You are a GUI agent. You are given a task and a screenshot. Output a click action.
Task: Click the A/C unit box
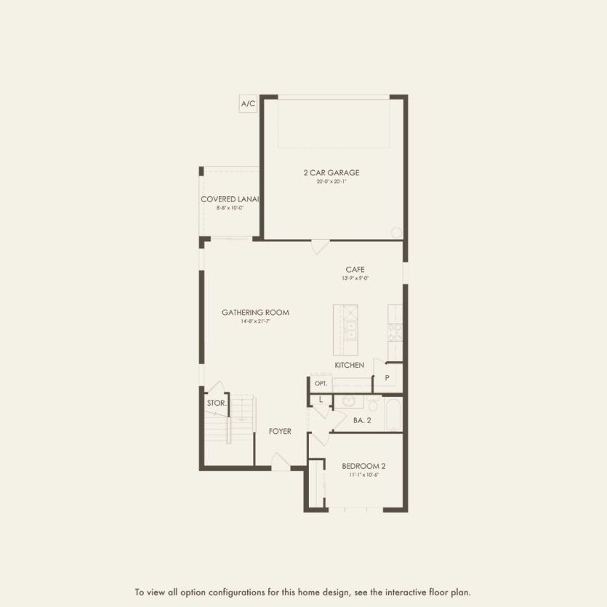[x=248, y=104]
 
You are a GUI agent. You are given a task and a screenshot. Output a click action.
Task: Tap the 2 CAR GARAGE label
[x=331, y=172]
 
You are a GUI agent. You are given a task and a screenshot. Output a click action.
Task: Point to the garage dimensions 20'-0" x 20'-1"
[x=331, y=182]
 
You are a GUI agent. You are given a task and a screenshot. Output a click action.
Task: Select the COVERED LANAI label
[x=230, y=199]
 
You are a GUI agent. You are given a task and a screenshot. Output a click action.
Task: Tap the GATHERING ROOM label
[x=255, y=313]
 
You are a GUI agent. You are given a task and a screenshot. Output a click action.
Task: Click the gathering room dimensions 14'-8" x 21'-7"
[x=255, y=321]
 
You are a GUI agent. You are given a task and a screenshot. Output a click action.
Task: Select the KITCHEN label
[x=349, y=365]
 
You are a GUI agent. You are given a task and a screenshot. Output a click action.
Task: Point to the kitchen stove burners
[x=395, y=333]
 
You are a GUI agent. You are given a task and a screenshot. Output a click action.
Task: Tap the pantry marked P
[x=387, y=378]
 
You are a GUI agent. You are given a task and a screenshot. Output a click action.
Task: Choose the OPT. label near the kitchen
[x=321, y=383]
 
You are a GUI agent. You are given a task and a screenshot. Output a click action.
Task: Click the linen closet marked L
[x=320, y=399]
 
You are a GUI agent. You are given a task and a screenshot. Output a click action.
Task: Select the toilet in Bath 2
[x=373, y=403]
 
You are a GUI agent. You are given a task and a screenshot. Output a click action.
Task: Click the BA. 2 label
[x=361, y=420]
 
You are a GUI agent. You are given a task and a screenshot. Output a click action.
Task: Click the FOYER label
[x=280, y=432]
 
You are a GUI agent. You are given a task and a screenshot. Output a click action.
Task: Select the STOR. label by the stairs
[x=217, y=403]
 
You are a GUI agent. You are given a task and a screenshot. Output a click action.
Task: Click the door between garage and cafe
[x=320, y=246]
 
